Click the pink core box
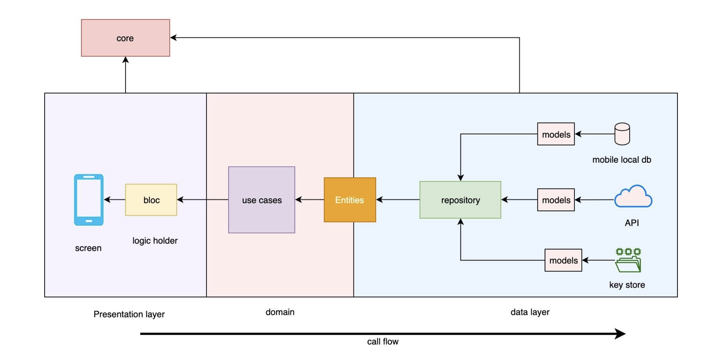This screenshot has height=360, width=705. click(x=125, y=38)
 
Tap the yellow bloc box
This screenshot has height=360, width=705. click(x=151, y=200)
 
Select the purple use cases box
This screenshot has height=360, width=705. click(x=261, y=200)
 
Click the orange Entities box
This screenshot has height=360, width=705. click(x=350, y=200)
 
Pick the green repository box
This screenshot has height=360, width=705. click(x=460, y=200)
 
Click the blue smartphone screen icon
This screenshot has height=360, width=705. click(x=89, y=200)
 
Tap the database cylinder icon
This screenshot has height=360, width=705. click(x=622, y=134)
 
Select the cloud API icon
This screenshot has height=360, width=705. click(x=633, y=197)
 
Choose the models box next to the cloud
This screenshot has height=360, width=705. click(x=556, y=200)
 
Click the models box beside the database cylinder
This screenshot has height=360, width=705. click(x=556, y=134)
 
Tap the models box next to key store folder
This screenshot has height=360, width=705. click(x=563, y=260)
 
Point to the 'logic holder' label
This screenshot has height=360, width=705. click(x=155, y=241)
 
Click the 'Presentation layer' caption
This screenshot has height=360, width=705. click(x=129, y=314)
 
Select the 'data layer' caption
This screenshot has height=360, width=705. click(x=530, y=312)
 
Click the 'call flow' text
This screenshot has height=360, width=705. click(x=383, y=342)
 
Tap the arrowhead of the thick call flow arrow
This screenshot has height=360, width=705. click(x=621, y=334)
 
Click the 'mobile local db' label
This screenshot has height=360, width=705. click(x=621, y=160)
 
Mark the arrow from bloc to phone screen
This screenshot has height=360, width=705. click(x=114, y=199)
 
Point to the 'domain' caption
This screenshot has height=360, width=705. click(x=280, y=312)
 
